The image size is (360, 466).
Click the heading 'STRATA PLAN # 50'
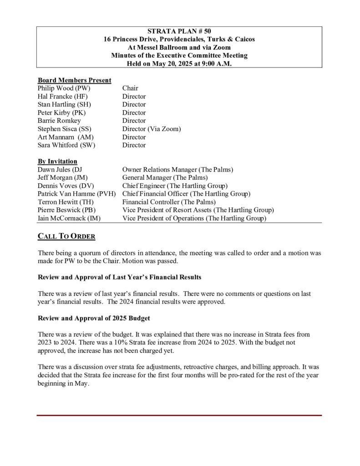point(179,31)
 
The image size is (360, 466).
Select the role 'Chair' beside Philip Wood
point(130,88)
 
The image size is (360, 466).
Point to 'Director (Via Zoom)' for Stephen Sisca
point(152,129)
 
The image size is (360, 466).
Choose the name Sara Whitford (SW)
point(66,145)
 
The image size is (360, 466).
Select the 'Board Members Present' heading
point(74,80)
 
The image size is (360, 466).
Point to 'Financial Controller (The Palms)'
point(169,202)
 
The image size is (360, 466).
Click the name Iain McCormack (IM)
point(69,218)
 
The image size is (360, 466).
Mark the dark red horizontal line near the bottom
point(179,415)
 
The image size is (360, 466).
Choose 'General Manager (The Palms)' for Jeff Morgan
point(165,177)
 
